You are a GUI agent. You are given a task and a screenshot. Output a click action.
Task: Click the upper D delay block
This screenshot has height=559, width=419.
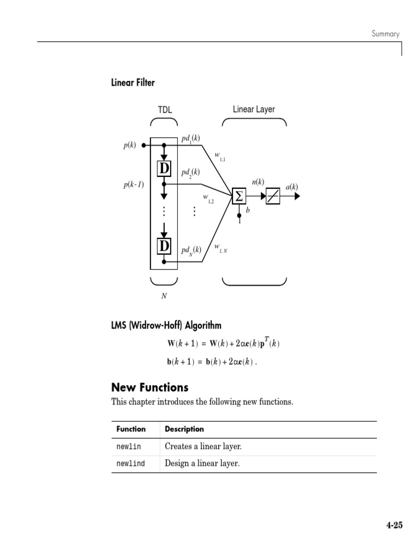164,169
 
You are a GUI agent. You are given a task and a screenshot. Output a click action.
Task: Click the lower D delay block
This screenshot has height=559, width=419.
164,246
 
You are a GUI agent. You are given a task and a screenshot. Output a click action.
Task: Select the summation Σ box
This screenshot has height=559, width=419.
238,196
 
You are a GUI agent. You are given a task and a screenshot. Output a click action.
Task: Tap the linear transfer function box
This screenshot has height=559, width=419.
272,196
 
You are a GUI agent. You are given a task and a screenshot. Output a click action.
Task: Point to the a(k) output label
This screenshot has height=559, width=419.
292,187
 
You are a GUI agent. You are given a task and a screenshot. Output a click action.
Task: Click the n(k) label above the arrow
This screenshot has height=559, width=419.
258,182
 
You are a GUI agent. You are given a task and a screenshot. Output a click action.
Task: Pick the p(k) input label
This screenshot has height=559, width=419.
129,146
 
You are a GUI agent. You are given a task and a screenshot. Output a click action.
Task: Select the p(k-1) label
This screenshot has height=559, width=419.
134,185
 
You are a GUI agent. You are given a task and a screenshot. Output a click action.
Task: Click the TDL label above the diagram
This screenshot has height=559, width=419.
165,110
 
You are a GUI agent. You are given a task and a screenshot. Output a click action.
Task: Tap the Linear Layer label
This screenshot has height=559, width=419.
254,109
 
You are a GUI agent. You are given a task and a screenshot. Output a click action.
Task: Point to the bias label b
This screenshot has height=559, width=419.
248,209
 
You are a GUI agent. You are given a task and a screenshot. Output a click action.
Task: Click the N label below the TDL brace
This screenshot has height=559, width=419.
164,295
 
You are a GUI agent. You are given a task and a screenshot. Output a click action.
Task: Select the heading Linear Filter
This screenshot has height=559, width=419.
133,83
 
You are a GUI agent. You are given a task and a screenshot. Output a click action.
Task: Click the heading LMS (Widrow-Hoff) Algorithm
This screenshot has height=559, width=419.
166,326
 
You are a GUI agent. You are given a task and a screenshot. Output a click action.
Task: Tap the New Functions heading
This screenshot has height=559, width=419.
149,388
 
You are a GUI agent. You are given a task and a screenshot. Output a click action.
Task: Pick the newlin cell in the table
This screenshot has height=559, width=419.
129,447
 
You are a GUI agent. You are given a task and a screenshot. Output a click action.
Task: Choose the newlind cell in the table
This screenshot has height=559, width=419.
131,463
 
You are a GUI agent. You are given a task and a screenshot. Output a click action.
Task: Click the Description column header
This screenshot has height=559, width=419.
184,429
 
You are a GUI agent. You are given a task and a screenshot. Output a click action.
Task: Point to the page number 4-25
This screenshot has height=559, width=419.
394,526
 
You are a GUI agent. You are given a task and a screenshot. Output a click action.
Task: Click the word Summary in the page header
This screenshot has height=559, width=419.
386,34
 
